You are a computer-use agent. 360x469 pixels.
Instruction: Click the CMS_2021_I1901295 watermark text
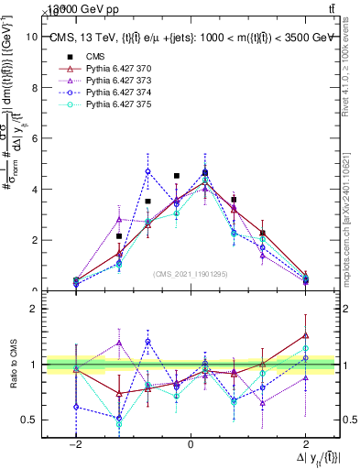pos(191,274)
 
